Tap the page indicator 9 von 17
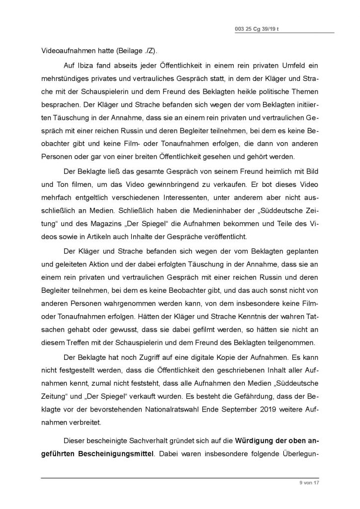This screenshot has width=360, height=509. pyautogui.click(x=309, y=483)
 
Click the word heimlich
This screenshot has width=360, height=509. pyautogui.click(x=266, y=170)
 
